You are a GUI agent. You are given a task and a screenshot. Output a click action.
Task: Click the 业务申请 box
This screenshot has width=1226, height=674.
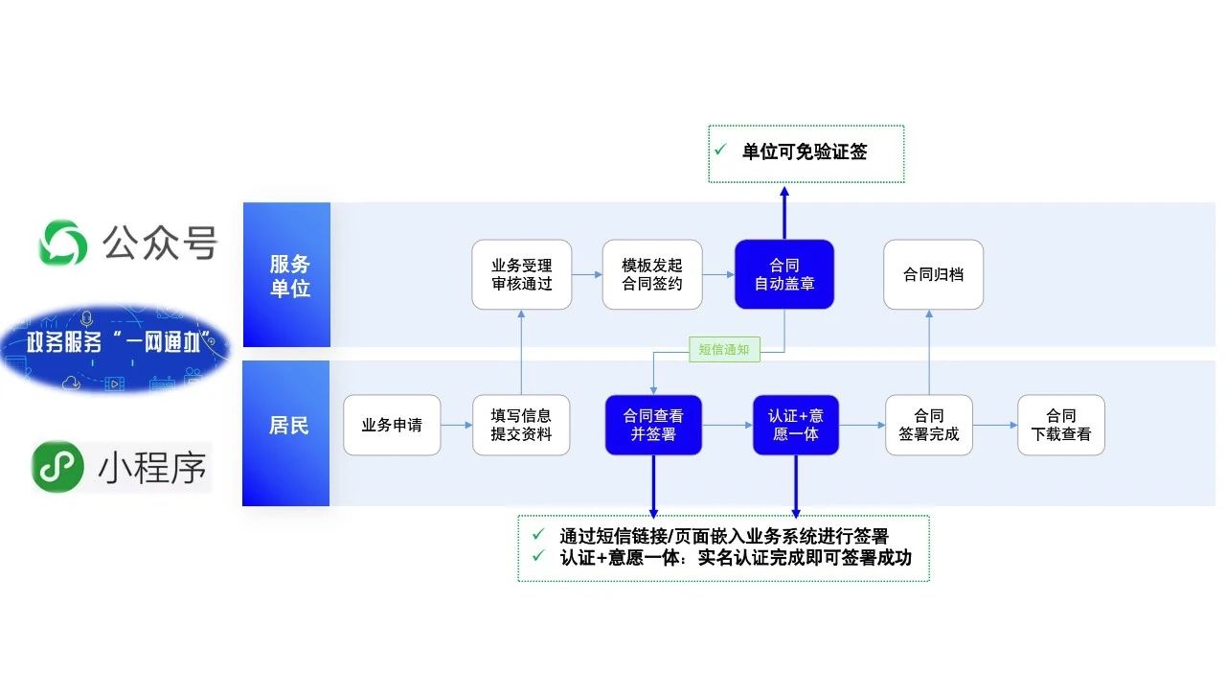(x=392, y=425)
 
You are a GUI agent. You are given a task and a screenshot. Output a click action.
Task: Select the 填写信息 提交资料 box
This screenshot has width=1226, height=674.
(x=521, y=425)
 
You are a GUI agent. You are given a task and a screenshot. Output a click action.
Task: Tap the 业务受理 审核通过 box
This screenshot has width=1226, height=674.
(x=522, y=274)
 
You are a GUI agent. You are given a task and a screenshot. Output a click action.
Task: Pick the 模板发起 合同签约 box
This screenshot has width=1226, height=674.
(x=651, y=274)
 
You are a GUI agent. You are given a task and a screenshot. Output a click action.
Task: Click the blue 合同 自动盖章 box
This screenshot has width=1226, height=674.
(x=784, y=274)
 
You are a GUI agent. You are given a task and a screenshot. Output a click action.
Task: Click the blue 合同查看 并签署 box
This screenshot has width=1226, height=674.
(x=653, y=425)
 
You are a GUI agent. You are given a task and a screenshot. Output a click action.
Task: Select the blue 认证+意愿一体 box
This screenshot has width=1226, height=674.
(x=795, y=425)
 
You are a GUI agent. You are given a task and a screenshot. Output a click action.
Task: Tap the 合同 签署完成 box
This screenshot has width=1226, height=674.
(x=928, y=425)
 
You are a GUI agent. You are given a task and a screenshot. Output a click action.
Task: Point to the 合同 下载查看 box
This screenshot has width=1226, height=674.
(x=1060, y=425)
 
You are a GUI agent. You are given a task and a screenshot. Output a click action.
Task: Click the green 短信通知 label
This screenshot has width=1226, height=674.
(x=724, y=350)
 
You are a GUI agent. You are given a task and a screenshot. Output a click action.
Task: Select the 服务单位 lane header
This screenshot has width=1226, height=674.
(x=287, y=275)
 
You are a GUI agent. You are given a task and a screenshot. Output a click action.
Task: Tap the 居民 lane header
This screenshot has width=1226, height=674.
(x=287, y=426)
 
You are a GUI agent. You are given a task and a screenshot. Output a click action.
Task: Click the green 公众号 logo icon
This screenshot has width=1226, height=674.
(x=63, y=243)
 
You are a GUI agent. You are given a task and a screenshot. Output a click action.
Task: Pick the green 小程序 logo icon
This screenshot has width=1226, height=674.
(x=58, y=467)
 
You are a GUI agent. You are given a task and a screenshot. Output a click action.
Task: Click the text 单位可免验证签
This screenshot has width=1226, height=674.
(x=804, y=151)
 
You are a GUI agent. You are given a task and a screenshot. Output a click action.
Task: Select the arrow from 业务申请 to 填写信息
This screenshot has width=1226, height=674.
(x=457, y=425)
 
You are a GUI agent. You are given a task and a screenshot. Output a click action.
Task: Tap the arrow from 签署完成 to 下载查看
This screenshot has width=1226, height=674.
(x=994, y=425)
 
